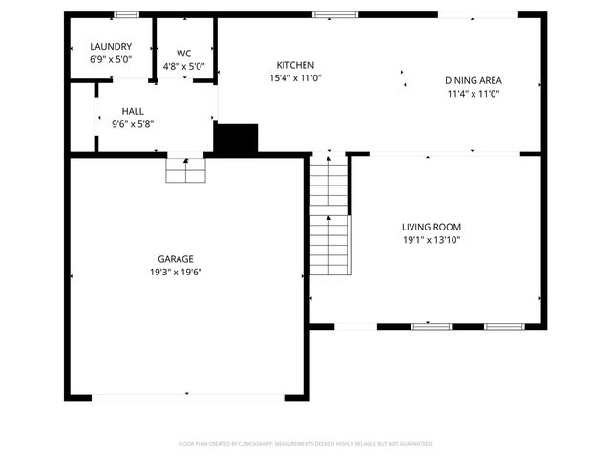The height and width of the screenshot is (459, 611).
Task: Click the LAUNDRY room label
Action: [111, 47]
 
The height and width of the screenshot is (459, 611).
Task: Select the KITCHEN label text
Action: [294, 65]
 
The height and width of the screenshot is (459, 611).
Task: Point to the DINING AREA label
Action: [473, 81]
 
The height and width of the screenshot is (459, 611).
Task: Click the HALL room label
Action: [133, 111]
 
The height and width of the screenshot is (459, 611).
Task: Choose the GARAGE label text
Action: [176, 259]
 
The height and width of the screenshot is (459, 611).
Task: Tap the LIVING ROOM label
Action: [431, 227]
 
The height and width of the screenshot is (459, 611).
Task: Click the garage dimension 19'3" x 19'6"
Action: [176, 272]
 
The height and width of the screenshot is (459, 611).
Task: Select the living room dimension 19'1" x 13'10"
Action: [431, 240]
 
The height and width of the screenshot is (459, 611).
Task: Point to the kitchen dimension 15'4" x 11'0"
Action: [294, 77]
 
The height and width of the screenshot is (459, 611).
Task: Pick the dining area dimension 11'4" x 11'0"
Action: [473, 94]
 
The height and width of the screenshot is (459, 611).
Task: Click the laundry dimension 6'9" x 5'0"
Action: [111, 59]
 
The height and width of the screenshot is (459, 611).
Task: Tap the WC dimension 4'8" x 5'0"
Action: [184, 67]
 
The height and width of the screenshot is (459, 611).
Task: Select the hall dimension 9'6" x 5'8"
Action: [133, 123]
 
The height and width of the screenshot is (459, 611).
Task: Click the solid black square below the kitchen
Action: [236, 139]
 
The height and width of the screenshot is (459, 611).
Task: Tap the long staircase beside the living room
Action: [329, 218]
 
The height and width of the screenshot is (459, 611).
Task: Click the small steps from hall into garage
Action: [186, 169]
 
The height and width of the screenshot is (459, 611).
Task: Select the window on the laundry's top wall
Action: [125, 14]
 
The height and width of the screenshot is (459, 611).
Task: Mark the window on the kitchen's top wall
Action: [335, 14]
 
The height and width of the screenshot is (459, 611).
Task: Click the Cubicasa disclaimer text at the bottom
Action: [305, 444]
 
